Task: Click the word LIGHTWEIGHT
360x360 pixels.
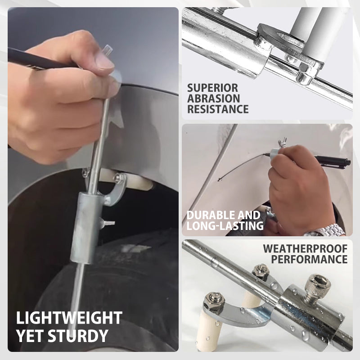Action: pos(69,318)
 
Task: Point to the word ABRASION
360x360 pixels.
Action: pos(213,98)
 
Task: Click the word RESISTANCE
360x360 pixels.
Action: pos(218,109)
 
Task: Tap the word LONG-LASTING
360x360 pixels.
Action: pos(225,226)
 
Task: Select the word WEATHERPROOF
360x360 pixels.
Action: pos(305,249)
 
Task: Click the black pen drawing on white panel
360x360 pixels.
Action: pos(333,160)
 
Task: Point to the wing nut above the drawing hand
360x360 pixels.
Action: pos(283,143)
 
